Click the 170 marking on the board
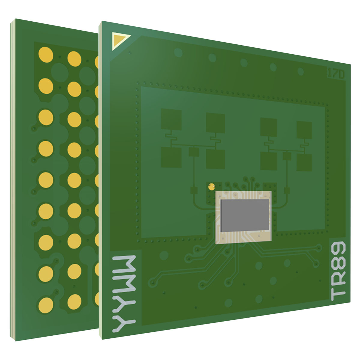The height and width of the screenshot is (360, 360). pos(335,74)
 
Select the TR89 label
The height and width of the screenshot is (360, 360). pos(338,271)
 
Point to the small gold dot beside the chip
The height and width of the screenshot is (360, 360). pos(211,187)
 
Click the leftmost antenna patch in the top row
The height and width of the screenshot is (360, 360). pos(171,119)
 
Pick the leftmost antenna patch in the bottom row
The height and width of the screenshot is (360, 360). pos(171,157)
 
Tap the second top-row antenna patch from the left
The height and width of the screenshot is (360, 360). pos(215,123)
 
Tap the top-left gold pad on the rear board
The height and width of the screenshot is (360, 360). pos(46,55)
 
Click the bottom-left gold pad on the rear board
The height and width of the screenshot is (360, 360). pos(46,304)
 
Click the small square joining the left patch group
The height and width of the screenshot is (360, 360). pos(194,152)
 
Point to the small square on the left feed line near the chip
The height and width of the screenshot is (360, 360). pos(193,190)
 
